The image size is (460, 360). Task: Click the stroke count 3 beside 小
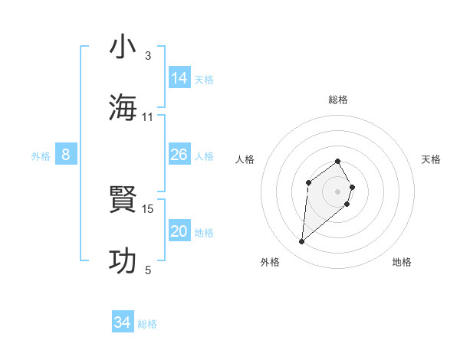click(x=148, y=56)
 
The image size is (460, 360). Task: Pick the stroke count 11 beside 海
click(x=148, y=117)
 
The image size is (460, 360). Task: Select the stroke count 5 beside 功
click(x=148, y=270)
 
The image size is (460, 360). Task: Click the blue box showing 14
click(x=179, y=78)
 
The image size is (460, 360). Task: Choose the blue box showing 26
click(x=179, y=155)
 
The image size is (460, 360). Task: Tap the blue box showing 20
click(x=179, y=232)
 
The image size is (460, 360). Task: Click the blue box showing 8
click(x=66, y=155)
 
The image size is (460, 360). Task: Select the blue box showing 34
click(x=122, y=323)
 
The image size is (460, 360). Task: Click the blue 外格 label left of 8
click(x=41, y=156)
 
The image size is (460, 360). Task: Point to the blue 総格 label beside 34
click(x=147, y=324)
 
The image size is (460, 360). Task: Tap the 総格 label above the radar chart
click(x=338, y=100)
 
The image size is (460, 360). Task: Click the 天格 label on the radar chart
click(x=431, y=159)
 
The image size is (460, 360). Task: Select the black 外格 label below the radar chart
click(x=269, y=262)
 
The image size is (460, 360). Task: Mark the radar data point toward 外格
click(x=302, y=242)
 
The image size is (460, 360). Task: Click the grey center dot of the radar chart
click(x=338, y=191)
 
